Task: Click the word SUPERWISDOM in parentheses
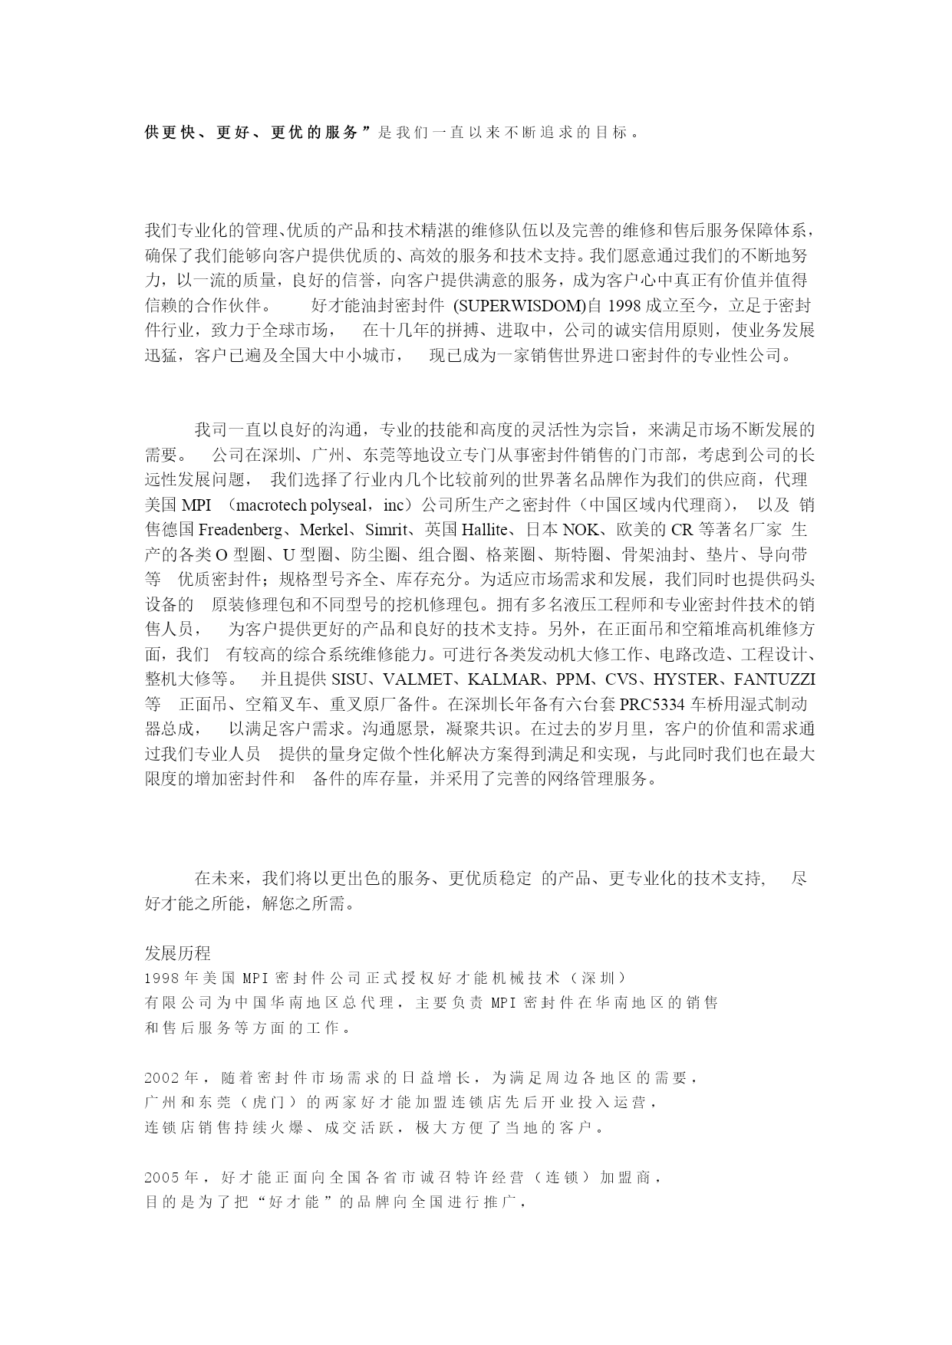(x=519, y=306)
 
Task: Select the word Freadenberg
(x=245, y=530)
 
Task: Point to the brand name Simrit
(x=387, y=530)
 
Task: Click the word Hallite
(x=486, y=530)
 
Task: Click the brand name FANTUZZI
(x=774, y=679)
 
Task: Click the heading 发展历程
(x=177, y=953)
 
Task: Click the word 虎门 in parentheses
(x=268, y=1103)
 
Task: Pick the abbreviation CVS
(x=621, y=679)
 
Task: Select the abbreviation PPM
(x=573, y=679)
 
